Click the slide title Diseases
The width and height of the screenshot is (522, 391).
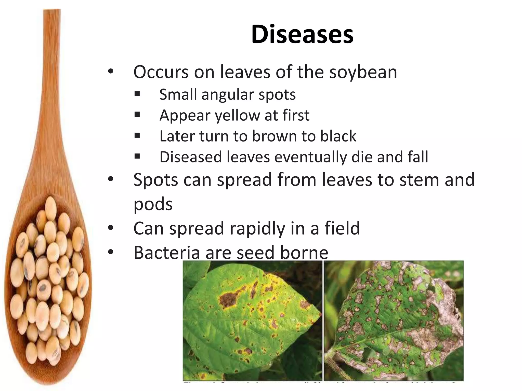tap(302, 34)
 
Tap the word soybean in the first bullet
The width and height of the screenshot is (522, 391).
tap(363, 72)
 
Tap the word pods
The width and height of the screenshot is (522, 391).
tap(153, 204)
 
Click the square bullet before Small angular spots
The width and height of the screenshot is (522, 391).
tap(137, 94)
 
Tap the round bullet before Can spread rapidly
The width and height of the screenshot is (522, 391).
tap(110, 228)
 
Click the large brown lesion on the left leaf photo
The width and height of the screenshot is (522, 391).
tap(228, 300)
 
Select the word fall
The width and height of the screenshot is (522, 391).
tap(418, 157)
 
